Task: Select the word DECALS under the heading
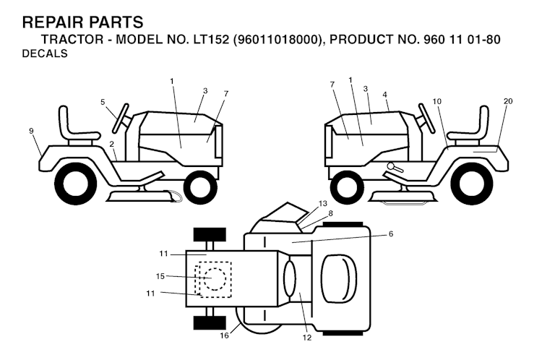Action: point(45,53)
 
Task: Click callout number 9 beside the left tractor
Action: point(31,131)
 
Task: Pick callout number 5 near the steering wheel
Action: point(103,102)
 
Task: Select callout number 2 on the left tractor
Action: point(112,145)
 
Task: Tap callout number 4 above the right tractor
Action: point(385,94)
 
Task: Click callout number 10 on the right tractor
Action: point(436,101)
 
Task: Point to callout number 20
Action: point(508,101)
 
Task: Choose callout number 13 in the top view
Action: point(322,203)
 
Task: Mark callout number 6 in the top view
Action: point(390,234)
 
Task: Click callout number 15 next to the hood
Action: point(161,276)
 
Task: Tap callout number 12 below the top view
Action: point(307,337)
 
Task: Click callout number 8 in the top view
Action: point(330,213)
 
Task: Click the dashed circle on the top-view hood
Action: point(213,278)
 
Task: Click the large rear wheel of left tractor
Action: point(75,184)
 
